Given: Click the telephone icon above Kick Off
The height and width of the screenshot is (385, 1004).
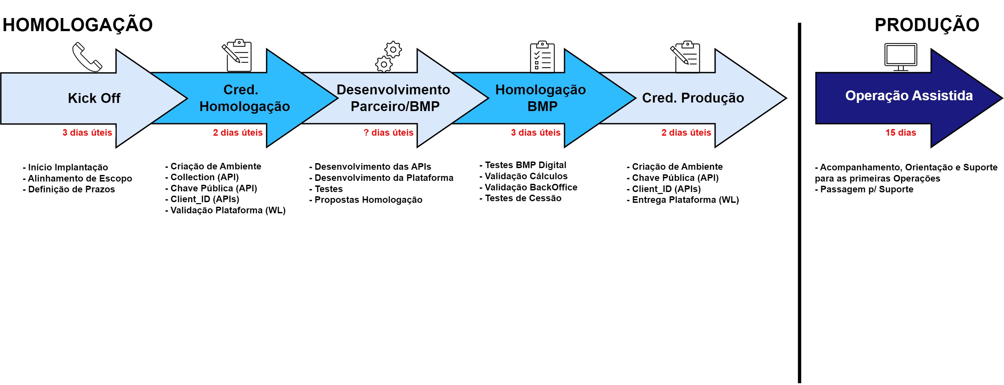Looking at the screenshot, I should click(86, 57).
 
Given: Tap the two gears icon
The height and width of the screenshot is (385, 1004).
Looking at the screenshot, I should click(388, 57).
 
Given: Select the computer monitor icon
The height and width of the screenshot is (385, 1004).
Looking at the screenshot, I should click(900, 57).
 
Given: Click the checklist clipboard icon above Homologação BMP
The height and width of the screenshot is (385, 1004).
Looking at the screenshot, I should click(542, 57).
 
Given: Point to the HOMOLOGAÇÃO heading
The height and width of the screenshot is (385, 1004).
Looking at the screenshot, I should click(78, 25).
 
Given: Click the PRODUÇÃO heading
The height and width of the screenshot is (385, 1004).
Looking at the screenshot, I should click(926, 25).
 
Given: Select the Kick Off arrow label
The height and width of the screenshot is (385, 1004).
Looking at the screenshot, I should click(94, 98).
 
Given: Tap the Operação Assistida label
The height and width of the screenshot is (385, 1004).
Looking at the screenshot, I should click(908, 96).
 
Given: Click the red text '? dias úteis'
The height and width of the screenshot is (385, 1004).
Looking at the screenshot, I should click(388, 133).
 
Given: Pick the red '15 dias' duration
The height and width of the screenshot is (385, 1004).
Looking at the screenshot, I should click(900, 133).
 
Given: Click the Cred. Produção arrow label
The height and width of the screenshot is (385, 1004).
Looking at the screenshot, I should click(693, 98).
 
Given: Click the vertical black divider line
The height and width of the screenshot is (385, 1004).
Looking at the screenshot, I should click(799, 203).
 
